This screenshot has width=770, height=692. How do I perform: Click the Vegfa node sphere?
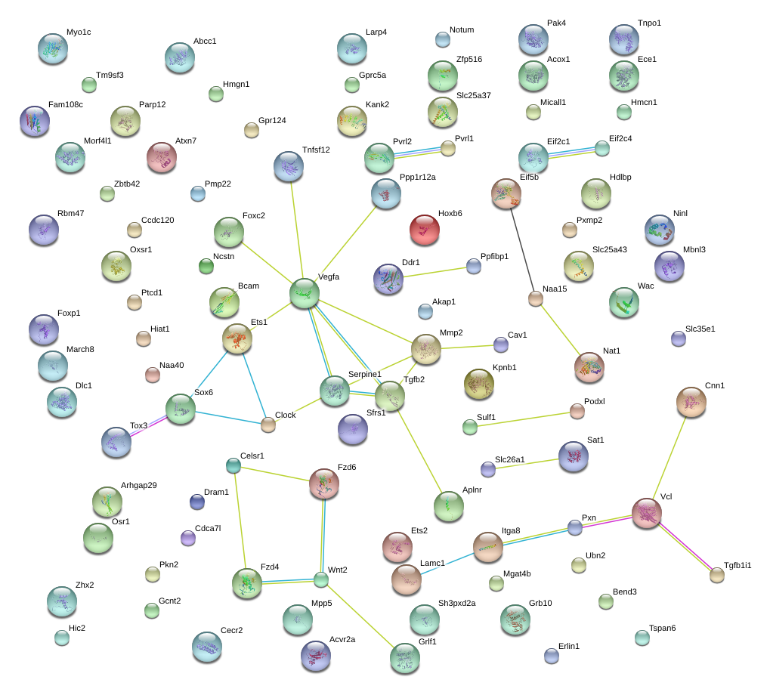pyautogui.click(x=305, y=293)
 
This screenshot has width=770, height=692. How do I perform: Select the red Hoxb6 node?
pyautogui.click(x=424, y=230)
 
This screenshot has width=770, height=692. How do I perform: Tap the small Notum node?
pyautogui.click(x=443, y=40)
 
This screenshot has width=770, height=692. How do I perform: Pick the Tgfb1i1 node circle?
pyautogui.click(x=717, y=575)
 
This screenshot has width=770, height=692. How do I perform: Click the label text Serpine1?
pyautogui.click(x=365, y=374)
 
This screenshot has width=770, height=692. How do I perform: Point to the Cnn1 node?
pyautogui.click(x=691, y=403)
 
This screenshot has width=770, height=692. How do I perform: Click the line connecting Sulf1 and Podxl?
pyautogui.click(x=524, y=419)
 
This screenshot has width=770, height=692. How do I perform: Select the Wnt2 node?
pyautogui.click(x=320, y=579)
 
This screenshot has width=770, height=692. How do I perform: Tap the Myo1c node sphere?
pyautogui.click(x=53, y=48)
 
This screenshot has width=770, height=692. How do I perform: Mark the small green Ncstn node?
pyautogui.click(x=206, y=266)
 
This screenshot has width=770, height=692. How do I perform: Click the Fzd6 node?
pyautogui.click(x=324, y=484)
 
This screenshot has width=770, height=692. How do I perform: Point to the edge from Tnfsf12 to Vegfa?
pyautogui.click(x=297, y=230)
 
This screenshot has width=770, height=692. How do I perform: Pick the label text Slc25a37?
pyautogui.click(x=473, y=95)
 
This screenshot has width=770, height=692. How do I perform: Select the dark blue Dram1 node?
pyautogui.click(x=197, y=502)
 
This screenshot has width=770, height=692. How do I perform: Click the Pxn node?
pyautogui.click(x=574, y=527)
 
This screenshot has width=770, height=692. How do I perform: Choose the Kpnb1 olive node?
pyautogui.click(x=479, y=384)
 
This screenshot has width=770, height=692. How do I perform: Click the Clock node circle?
pyautogui.click(x=267, y=425)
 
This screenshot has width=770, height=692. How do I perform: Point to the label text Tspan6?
pyautogui.click(x=663, y=628)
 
